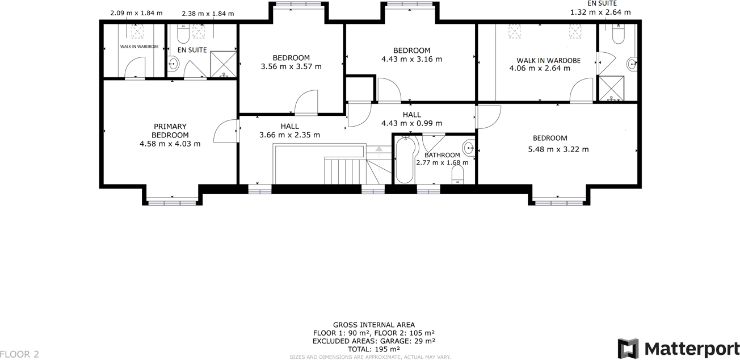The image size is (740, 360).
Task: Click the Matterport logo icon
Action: tap(628, 348)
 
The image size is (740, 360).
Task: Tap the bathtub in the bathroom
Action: tap(405, 160)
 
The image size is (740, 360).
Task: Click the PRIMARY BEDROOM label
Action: tap(170, 131)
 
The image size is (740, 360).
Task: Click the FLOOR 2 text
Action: tap(20, 354)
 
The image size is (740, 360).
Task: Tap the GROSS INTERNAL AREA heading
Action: tap(373, 325)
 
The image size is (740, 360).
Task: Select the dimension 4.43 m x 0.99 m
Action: tap(411, 123)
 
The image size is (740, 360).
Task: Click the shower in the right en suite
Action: tap(611, 89)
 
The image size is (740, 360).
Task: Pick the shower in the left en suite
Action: tap(223, 64)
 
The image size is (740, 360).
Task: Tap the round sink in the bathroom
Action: tap(469, 148)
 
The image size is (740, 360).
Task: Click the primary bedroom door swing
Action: tap(225, 131)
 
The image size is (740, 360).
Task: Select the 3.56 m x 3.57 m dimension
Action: tap(291, 66)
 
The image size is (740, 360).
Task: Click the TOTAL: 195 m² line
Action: tap(373, 349)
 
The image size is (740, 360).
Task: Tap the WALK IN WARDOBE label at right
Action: tap(548, 60)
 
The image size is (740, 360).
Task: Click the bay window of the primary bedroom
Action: tap(172, 200)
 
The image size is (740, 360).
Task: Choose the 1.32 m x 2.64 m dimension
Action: tap(600, 12)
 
